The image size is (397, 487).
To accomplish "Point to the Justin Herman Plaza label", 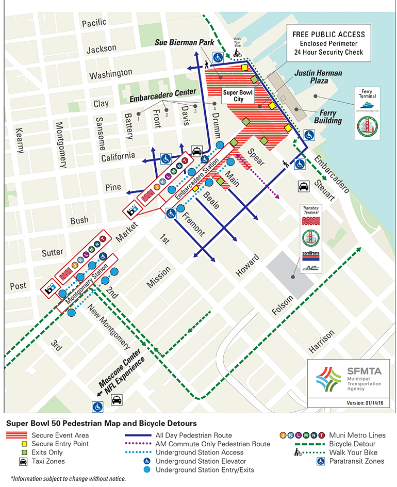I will click(318, 77).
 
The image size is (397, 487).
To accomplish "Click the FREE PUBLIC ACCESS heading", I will click(328, 34).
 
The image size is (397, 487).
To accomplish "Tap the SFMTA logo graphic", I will click(328, 381).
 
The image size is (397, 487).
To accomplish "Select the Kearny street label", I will click(21, 140).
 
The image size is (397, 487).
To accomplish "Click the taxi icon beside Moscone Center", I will click(117, 399).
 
